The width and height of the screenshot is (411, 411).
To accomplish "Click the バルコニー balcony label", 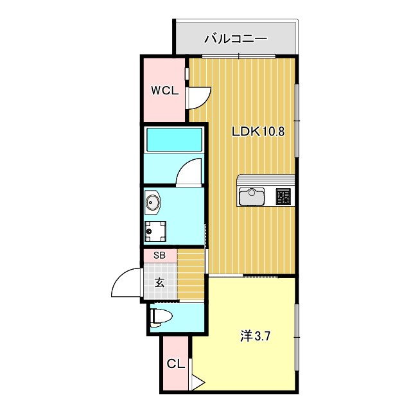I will (236, 39).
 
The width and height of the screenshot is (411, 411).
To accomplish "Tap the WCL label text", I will (164, 91).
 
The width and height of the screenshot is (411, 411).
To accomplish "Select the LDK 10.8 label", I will (258, 132).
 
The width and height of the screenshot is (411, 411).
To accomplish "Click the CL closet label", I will (176, 364).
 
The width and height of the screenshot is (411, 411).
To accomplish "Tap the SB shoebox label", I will (159, 255).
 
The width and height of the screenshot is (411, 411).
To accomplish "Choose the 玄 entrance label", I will (159, 281).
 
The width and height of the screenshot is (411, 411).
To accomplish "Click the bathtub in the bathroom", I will (174, 139).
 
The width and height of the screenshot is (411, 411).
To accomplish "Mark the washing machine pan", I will (155, 230).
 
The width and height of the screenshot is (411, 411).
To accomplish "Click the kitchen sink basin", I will (252, 196).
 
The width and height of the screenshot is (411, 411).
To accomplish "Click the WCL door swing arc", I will (198, 98).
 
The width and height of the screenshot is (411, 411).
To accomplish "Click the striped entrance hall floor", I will (190, 275).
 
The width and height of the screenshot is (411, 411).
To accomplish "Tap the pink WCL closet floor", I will (164, 109).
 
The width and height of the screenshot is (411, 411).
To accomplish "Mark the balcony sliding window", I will (239, 57).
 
